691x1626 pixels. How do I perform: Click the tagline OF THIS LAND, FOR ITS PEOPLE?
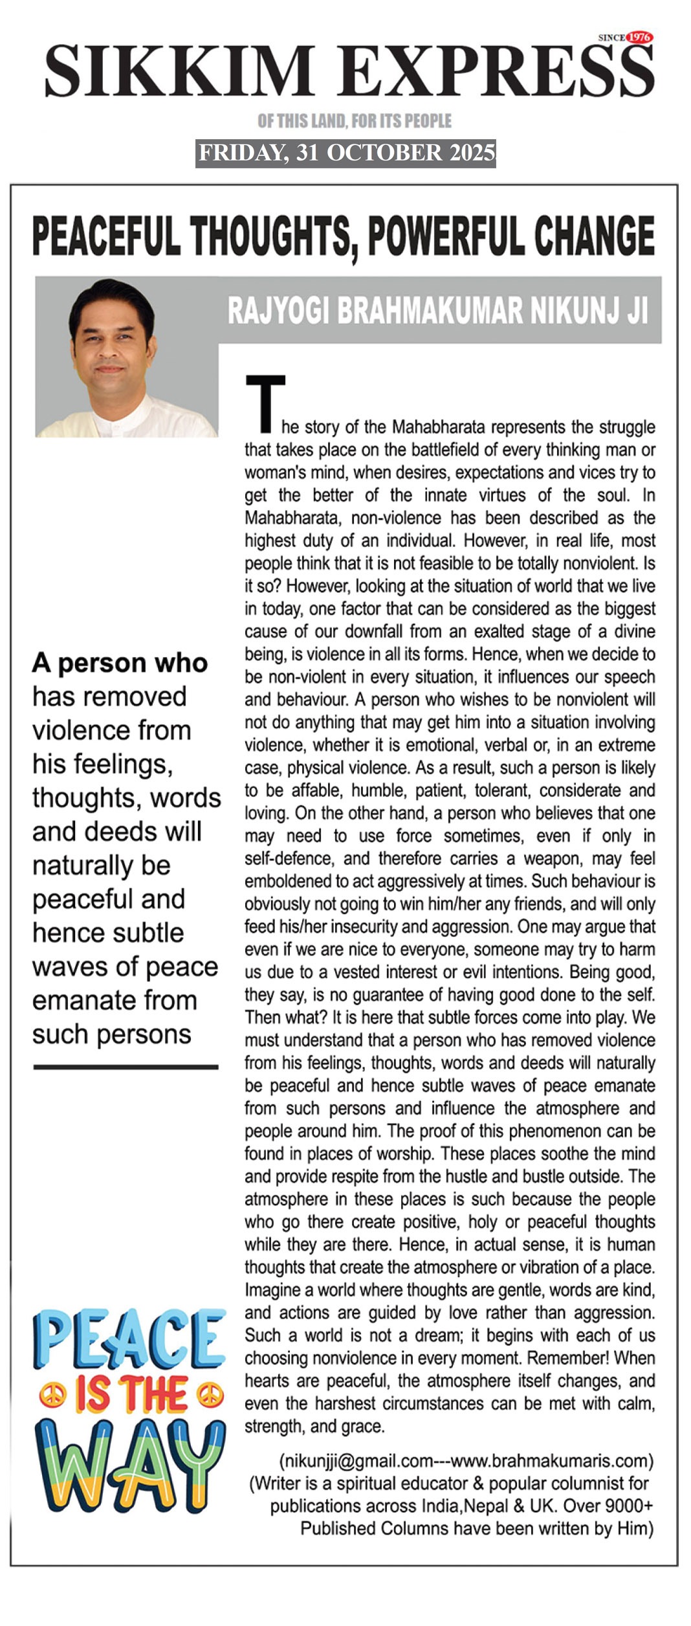pyautogui.click(x=355, y=121)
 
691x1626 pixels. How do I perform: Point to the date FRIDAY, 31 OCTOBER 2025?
pyautogui.click(x=346, y=153)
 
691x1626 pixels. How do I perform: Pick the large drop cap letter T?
pyautogui.click(x=265, y=403)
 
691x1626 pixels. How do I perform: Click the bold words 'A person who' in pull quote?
pyautogui.click(x=120, y=663)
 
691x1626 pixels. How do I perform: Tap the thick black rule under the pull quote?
pyautogui.click(x=126, y=1067)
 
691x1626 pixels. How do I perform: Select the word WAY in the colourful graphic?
pyautogui.click(x=129, y=1466)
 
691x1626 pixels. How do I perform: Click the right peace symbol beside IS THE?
pyautogui.click(x=210, y=1395)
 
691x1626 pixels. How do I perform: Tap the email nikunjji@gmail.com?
pyautogui.click(x=356, y=1461)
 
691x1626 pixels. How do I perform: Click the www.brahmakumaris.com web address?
pyautogui.click(x=549, y=1461)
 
